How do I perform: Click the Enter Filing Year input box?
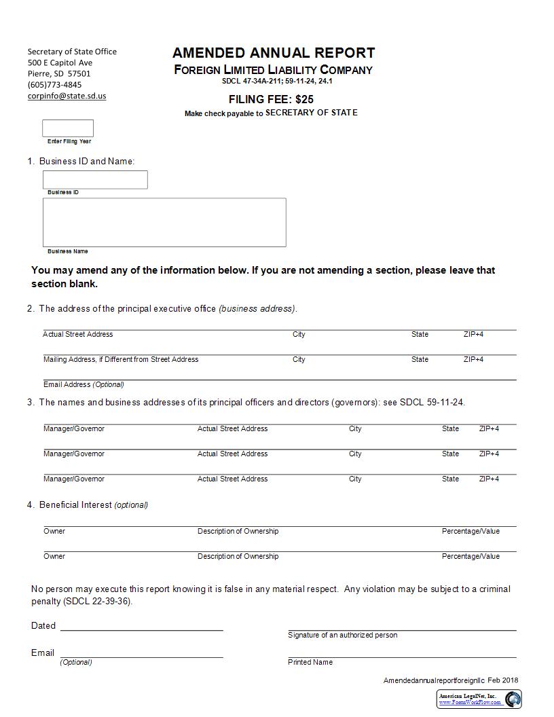point(68,128)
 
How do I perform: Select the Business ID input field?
point(95,180)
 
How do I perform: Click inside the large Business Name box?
point(164,222)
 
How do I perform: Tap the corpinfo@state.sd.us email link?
point(67,96)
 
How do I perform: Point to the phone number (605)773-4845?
point(54,85)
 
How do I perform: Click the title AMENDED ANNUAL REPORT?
point(274,53)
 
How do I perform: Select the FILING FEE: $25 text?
point(271,99)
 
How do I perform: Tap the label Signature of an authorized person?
point(342,635)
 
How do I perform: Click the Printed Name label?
point(310,662)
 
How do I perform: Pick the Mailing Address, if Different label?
point(121,359)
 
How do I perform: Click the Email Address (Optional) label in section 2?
point(84,384)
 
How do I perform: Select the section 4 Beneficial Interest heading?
point(93,504)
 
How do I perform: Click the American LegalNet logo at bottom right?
point(513,699)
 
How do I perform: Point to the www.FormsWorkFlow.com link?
point(470,702)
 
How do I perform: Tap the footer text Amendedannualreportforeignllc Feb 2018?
point(450,680)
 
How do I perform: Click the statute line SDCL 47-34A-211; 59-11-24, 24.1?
point(277,81)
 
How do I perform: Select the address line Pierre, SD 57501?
point(59,73)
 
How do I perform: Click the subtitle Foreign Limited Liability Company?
point(273,70)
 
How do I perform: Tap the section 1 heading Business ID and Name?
point(86,161)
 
